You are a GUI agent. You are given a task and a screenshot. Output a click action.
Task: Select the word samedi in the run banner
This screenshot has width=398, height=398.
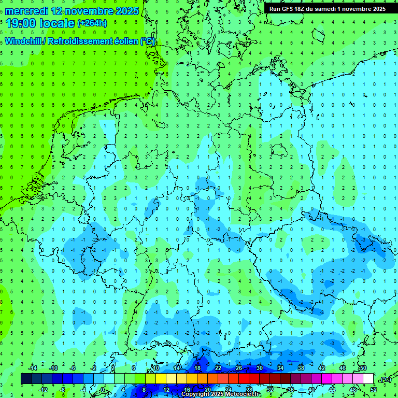[330, 9]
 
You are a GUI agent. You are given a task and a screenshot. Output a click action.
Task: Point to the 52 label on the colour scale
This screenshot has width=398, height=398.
[374, 389]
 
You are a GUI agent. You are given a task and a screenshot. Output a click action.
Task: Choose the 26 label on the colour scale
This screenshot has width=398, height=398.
[239, 367]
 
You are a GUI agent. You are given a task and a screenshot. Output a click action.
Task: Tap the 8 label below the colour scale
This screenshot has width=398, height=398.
[143, 389]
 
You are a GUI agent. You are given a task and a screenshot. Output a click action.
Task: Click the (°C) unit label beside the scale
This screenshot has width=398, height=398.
[385, 379]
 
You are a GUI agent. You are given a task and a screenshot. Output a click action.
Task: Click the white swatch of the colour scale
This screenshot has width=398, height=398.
[368, 378]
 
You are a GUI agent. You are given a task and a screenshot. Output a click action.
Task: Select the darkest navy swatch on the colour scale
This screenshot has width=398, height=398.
[26, 378]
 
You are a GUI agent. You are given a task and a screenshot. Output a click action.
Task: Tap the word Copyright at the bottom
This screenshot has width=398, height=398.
[197, 394]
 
